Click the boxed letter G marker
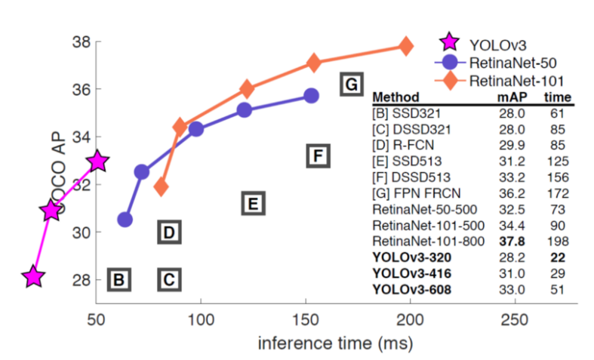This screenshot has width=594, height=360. [350, 84]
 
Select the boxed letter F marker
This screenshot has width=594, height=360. [318, 156]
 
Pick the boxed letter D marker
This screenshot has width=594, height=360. [169, 232]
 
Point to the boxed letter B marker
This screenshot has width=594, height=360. [118, 280]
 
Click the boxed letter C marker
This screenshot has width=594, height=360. [169, 280]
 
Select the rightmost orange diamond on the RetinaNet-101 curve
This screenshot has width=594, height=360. [406, 46]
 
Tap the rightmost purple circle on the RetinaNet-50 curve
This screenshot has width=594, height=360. [311, 96]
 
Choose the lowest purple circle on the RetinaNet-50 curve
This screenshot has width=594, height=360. [125, 220]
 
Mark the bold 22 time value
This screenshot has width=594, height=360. [557, 256]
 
